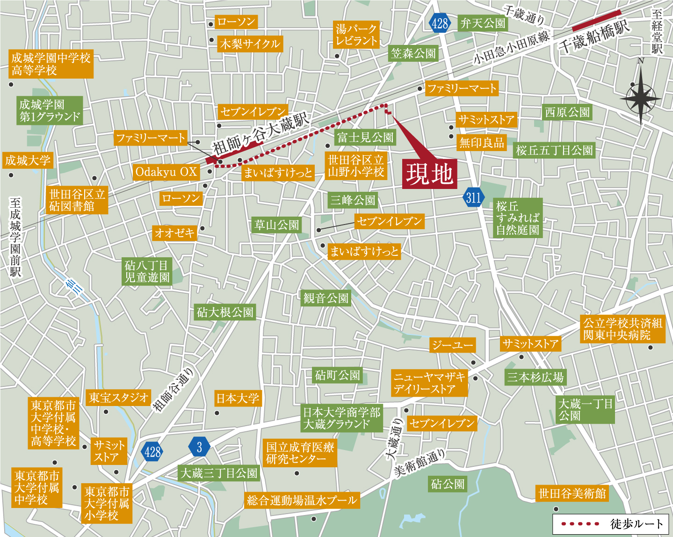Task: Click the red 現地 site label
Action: point(429,174)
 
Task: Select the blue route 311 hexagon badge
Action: point(474,197)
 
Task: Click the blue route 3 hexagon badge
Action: point(199,447)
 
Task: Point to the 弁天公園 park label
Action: point(483,23)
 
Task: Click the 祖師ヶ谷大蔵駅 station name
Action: point(261,134)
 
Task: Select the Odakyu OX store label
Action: point(166,172)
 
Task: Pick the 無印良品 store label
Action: point(481,142)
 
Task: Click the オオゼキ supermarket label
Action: point(174,232)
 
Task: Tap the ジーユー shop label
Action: point(452,345)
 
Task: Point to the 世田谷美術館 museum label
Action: point(572,493)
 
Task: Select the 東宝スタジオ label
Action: point(118,398)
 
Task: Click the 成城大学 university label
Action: point(28,160)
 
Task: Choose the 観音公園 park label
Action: point(326,298)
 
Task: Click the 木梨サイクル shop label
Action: point(250,44)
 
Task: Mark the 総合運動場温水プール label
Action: point(302,501)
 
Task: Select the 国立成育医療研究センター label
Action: point(300,453)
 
